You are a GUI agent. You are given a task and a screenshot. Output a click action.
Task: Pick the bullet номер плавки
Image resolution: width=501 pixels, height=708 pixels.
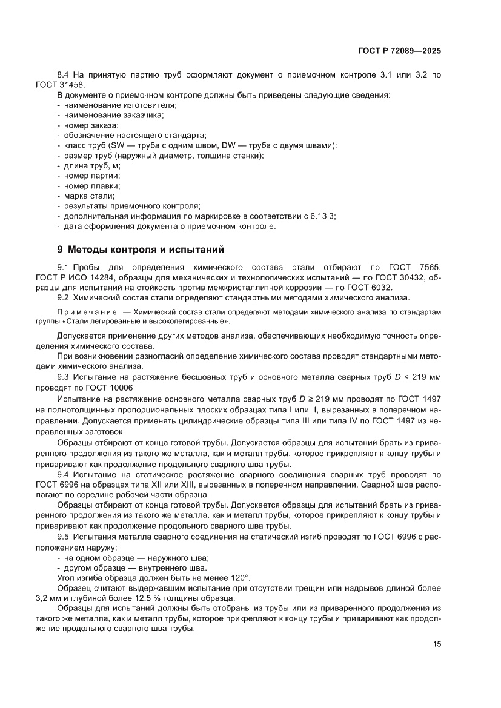click(92, 186)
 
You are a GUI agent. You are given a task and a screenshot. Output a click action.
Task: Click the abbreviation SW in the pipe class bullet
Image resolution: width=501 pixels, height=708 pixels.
click(117, 145)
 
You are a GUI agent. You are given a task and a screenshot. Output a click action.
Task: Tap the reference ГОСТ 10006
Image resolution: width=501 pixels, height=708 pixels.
click(113, 388)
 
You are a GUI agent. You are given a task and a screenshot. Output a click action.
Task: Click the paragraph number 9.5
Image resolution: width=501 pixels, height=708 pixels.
click(64, 535)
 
